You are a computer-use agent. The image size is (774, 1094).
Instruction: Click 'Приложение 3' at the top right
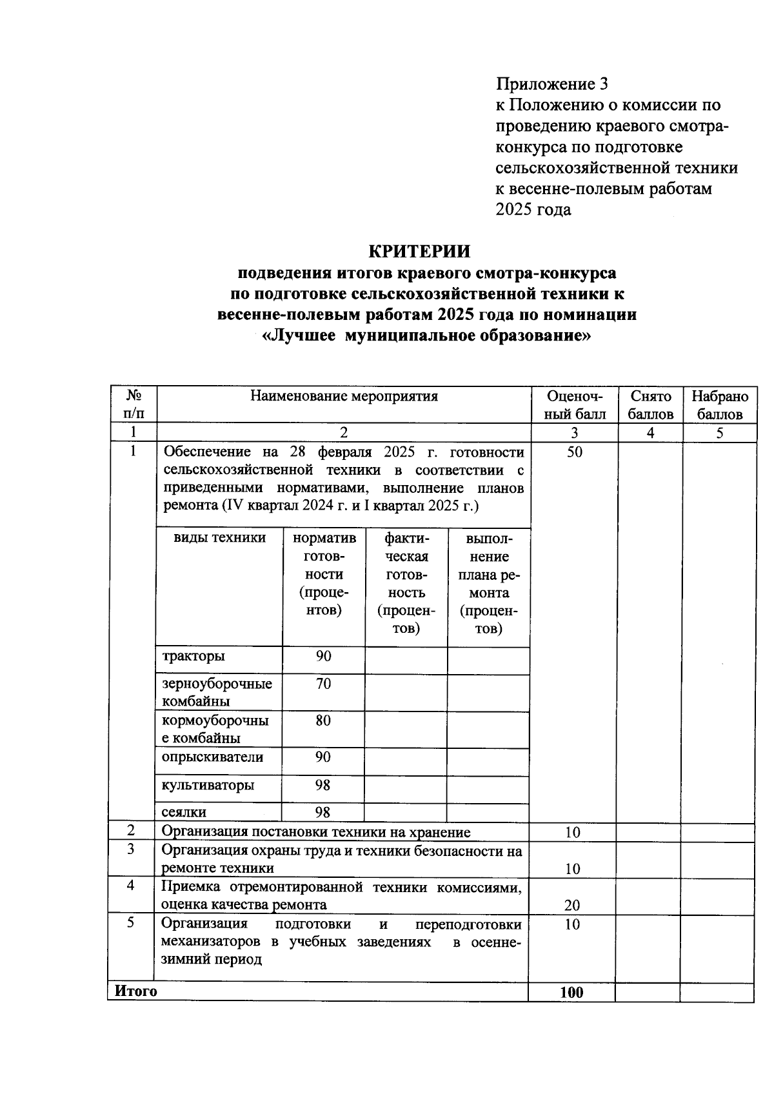(551, 84)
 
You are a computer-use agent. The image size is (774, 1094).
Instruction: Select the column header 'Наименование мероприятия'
(344, 396)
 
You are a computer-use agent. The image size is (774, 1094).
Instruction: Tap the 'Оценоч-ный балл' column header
(575, 405)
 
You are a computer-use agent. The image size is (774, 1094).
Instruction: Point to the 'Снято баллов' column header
(650, 405)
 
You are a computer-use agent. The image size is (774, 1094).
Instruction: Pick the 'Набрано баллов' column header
(720, 405)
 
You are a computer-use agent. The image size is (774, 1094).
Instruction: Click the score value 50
(574, 452)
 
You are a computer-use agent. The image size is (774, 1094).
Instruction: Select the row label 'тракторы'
(194, 656)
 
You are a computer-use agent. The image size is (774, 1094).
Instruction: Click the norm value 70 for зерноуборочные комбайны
(323, 684)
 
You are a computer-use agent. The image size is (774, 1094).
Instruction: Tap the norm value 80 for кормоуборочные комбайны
(323, 721)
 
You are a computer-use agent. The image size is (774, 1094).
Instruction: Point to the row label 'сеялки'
(184, 812)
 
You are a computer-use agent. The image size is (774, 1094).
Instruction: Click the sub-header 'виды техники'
(219, 538)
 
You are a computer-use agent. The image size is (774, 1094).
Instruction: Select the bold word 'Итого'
(135, 991)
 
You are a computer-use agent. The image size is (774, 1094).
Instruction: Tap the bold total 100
(571, 992)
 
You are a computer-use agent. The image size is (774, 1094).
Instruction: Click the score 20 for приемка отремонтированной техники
(572, 905)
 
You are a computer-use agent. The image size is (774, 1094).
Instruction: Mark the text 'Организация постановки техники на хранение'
(316, 832)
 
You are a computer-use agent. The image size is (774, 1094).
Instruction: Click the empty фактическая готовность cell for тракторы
(406, 661)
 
